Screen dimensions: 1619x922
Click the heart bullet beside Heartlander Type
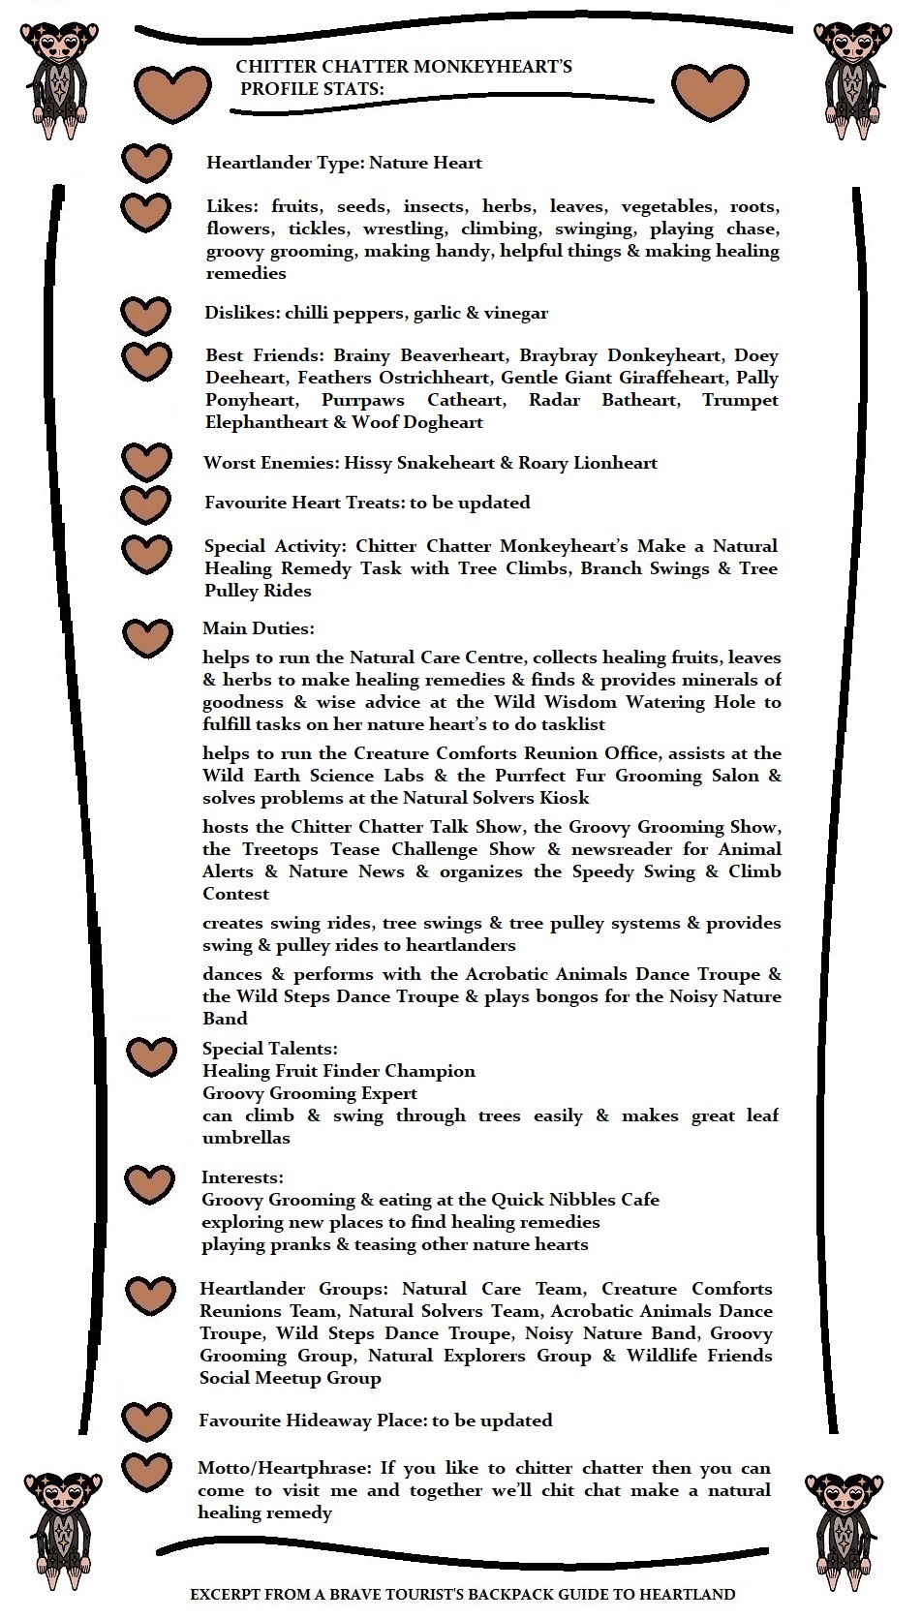click(x=146, y=164)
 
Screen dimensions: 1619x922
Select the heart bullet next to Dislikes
click(x=146, y=315)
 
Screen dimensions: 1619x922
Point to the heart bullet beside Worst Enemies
click(x=146, y=463)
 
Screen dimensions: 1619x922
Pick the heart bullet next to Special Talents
click(x=152, y=1055)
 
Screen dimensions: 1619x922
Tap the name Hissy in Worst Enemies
click(x=369, y=463)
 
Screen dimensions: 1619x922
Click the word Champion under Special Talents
click(x=430, y=1071)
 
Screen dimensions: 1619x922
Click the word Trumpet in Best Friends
click(x=740, y=400)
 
